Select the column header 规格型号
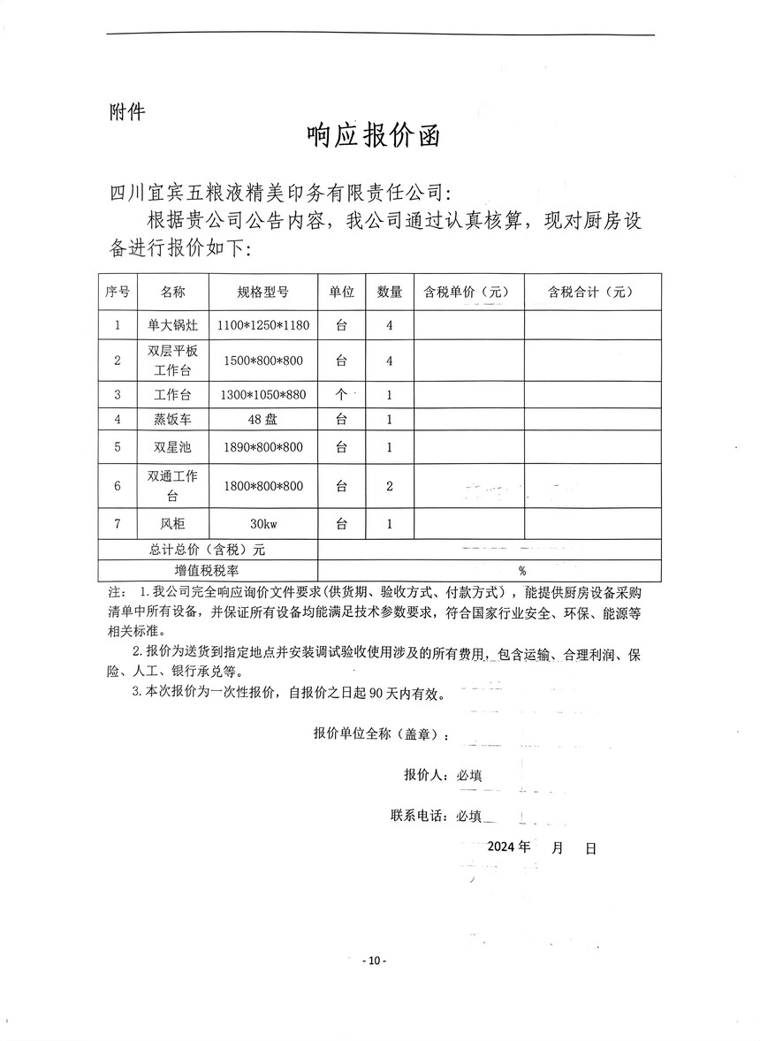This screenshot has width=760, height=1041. (262, 292)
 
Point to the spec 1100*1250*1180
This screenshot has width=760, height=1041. (262, 325)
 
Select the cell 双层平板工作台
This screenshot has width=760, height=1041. (172, 361)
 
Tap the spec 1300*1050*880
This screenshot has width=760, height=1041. (262, 394)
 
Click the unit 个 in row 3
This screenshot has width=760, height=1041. (341, 394)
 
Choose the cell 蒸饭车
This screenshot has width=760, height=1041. (172, 420)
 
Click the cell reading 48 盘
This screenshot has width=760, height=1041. (262, 420)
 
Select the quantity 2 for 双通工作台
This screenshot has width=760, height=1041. (390, 486)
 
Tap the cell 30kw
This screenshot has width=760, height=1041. (262, 524)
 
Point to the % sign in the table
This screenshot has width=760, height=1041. (522, 571)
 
